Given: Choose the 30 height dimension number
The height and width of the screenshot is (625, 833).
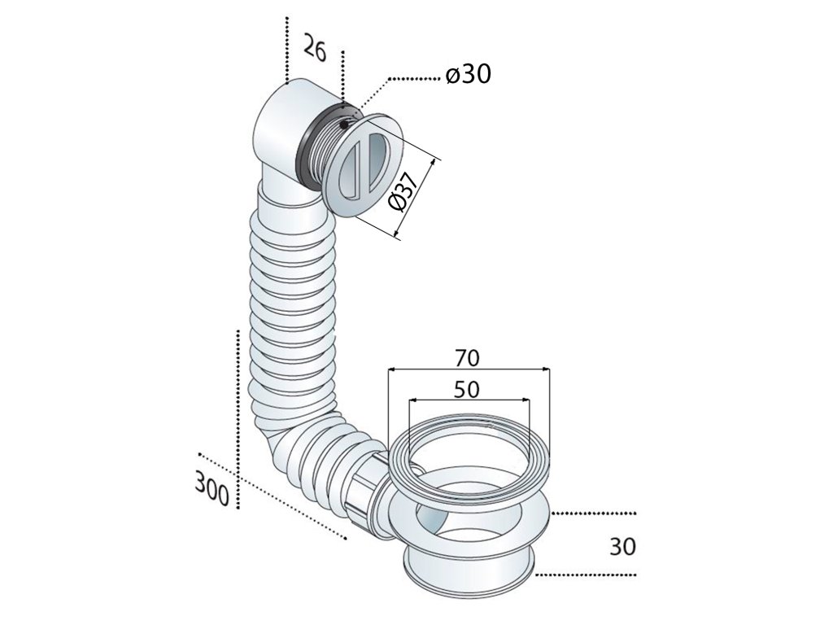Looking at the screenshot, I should [x=621, y=545].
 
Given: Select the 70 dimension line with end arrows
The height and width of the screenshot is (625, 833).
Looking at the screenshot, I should [x=468, y=370].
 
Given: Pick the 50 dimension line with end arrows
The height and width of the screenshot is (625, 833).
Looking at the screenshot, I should [x=468, y=400].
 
